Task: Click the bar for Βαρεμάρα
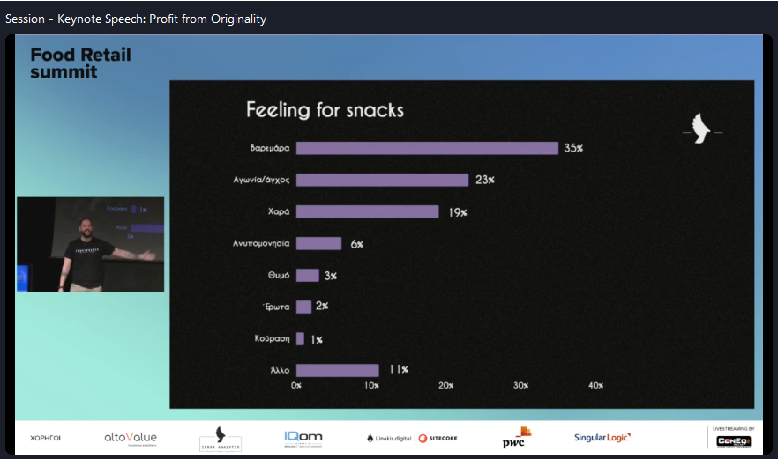coord(427,148)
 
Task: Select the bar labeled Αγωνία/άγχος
coord(382,180)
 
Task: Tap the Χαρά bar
coord(367,211)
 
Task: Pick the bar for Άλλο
coord(337,370)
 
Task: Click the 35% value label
coord(573,148)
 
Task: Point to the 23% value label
coord(484,180)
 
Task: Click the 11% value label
coord(398,370)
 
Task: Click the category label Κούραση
coord(272,338)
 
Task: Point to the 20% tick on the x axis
coord(445,385)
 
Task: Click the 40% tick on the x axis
coord(595,385)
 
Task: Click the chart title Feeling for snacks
coord(325,110)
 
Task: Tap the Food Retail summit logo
coord(79,63)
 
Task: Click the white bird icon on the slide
coord(702,129)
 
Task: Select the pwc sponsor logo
coord(516,438)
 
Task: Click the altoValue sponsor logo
coord(131,438)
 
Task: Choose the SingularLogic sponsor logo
coord(602,438)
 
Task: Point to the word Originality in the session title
coord(232,19)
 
